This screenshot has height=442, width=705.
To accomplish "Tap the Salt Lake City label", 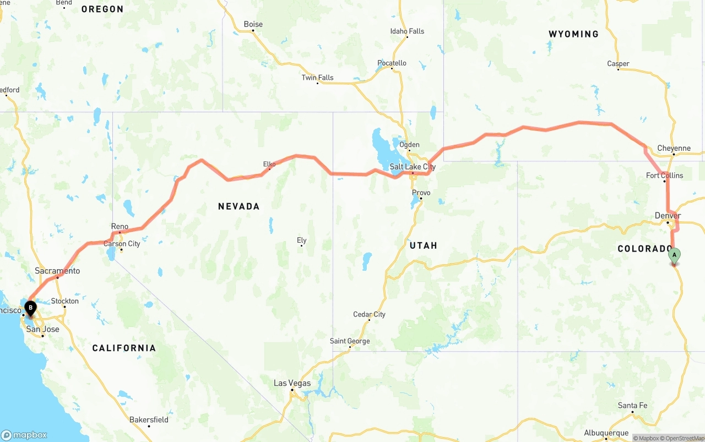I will pos(413,167).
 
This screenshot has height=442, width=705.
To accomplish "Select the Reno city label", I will pos(120,226).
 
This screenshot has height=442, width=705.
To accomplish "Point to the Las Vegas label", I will pos(292,383).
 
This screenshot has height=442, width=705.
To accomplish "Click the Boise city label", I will pos(253,24).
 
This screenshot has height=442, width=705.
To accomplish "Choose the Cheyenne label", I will pos(674,148).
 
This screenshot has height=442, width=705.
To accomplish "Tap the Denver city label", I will pos(668,215).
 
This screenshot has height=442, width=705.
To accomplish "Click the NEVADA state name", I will pos(238,206).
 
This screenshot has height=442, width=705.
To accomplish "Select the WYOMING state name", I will pos(573,34).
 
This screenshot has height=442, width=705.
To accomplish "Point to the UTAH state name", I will pos(423,245).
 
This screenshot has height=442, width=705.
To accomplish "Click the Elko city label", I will pos(269,164).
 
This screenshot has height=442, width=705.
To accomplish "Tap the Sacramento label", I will pos(57,271).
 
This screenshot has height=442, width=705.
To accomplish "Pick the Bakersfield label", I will pos(149,419).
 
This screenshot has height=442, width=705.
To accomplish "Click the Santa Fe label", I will pos(632,406).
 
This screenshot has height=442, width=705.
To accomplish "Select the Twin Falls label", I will pos(317,78).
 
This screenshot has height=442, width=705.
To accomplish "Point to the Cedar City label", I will pos(369,314).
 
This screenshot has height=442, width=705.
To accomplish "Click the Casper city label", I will pos(618,64).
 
